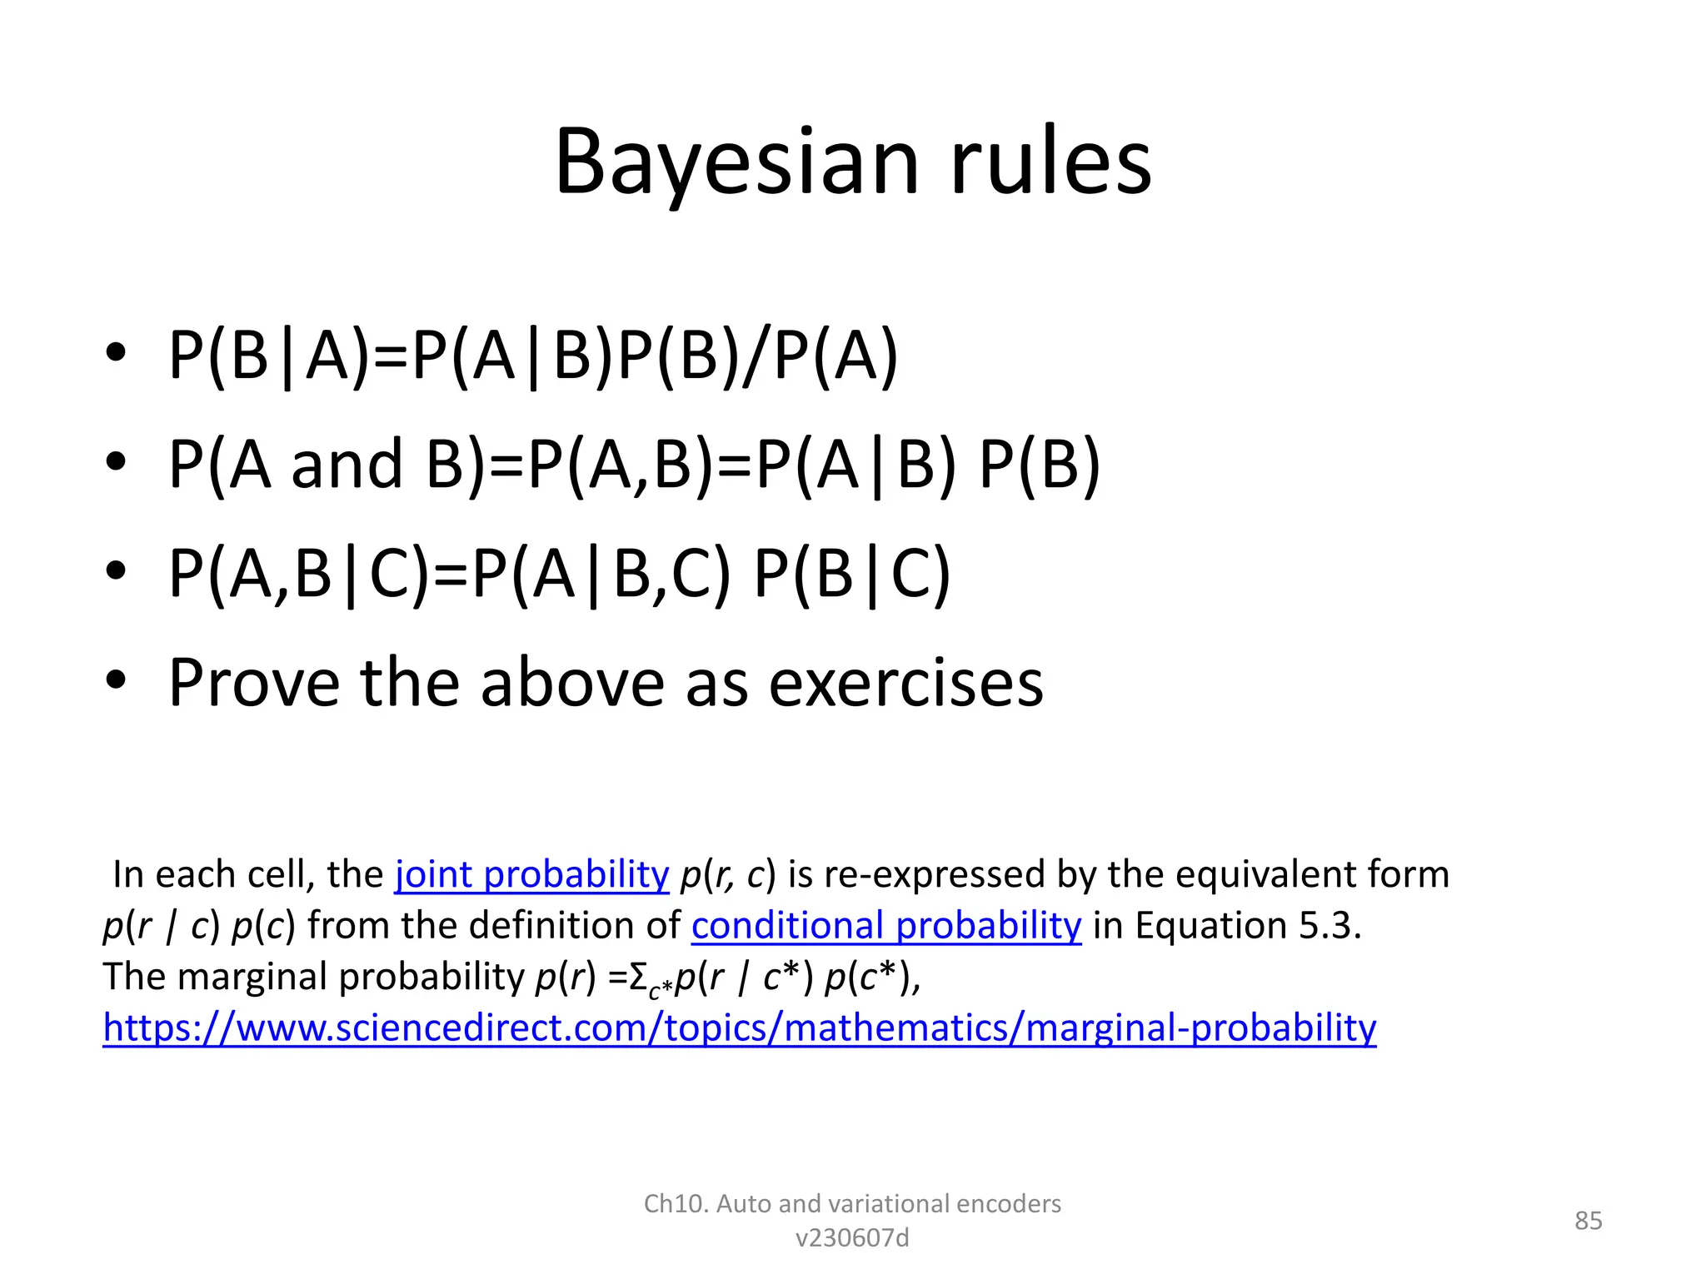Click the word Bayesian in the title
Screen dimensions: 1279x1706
click(737, 162)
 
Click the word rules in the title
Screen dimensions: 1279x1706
click(1050, 162)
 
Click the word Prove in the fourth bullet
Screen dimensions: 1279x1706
click(253, 683)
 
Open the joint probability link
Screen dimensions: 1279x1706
click(531, 874)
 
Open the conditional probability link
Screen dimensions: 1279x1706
click(885, 925)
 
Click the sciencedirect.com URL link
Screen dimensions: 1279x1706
click(739, 1028)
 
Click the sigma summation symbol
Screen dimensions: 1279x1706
click(638, 978)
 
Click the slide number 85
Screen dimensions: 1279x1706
click(1588, 1221)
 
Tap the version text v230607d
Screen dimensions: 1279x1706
click(852, 1238)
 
